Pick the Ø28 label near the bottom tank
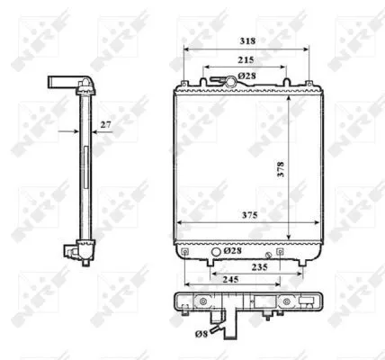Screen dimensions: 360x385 231,251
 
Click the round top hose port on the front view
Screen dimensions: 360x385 230,82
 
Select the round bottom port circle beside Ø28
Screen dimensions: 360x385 216,251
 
